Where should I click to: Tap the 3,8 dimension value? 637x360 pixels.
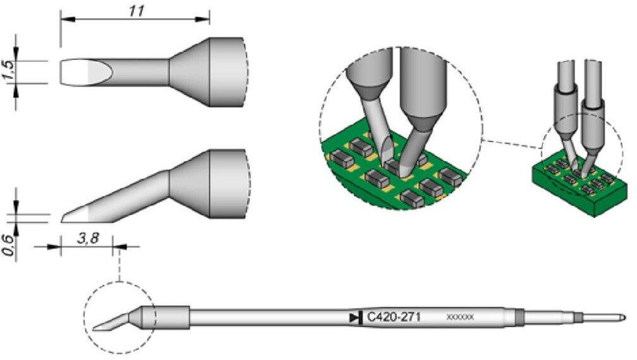coord(87,239)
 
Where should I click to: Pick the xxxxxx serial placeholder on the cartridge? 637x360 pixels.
coord(459,317)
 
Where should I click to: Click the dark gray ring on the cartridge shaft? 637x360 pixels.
coord(519,317)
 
